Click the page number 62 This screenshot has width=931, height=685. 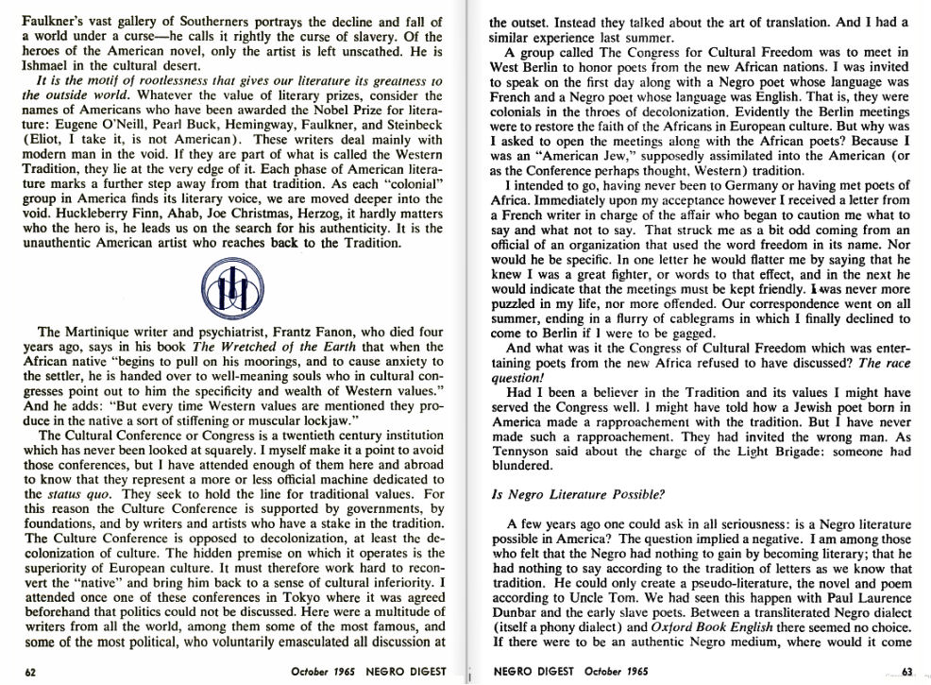(29, 672)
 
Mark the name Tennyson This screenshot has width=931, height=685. (522, 451)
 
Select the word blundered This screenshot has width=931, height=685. (521, 465)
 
